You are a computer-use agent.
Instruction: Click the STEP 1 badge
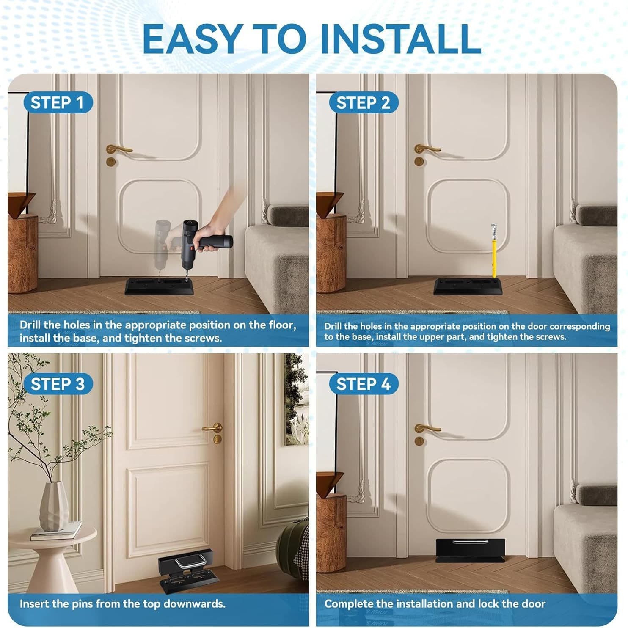(57, 103)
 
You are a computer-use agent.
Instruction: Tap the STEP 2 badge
(363, 103)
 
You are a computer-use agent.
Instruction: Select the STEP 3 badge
(58, 384)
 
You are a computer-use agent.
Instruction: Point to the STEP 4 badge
(363, 384)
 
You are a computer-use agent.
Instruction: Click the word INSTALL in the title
(400, 39)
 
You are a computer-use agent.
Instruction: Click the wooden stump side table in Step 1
(22, 253)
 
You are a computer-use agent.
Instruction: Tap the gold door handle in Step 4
(427, 429)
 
